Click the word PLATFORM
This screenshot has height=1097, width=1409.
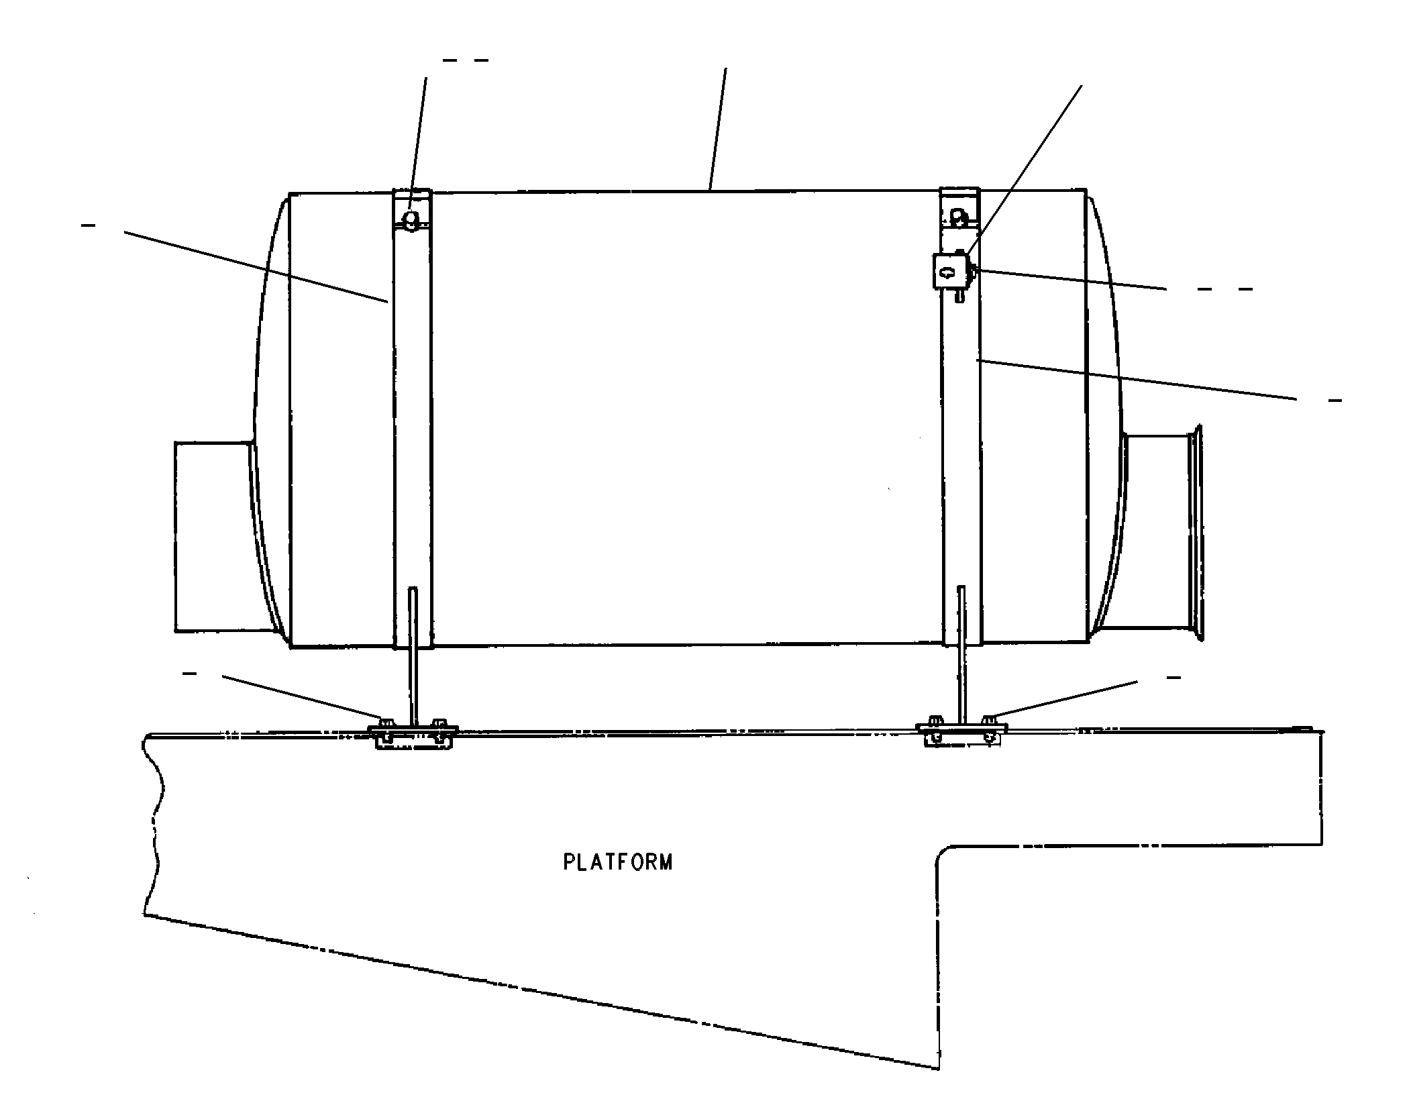pos(617,861)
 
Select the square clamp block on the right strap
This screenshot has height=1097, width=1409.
pos(947,272)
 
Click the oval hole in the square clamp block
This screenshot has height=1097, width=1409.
pos(946,272)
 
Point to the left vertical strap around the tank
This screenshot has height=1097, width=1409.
pos(412,419)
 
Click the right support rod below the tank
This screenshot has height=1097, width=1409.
pos(962,655)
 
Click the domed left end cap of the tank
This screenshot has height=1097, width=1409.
pos(270,419)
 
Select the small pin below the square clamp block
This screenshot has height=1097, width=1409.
pos(959,296)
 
